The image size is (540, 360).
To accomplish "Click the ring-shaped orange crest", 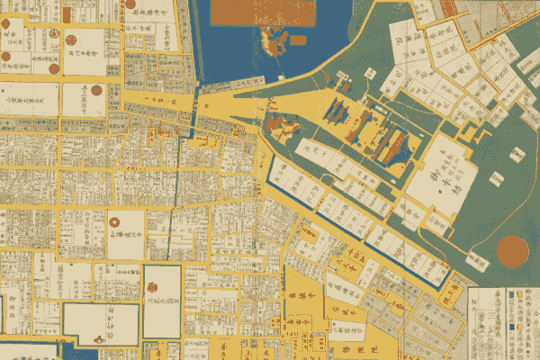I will (116, 220).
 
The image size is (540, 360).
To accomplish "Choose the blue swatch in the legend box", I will (509, 325).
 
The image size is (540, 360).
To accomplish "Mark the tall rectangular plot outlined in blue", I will (162, 301).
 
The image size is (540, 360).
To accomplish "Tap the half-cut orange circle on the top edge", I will (131, 3).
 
